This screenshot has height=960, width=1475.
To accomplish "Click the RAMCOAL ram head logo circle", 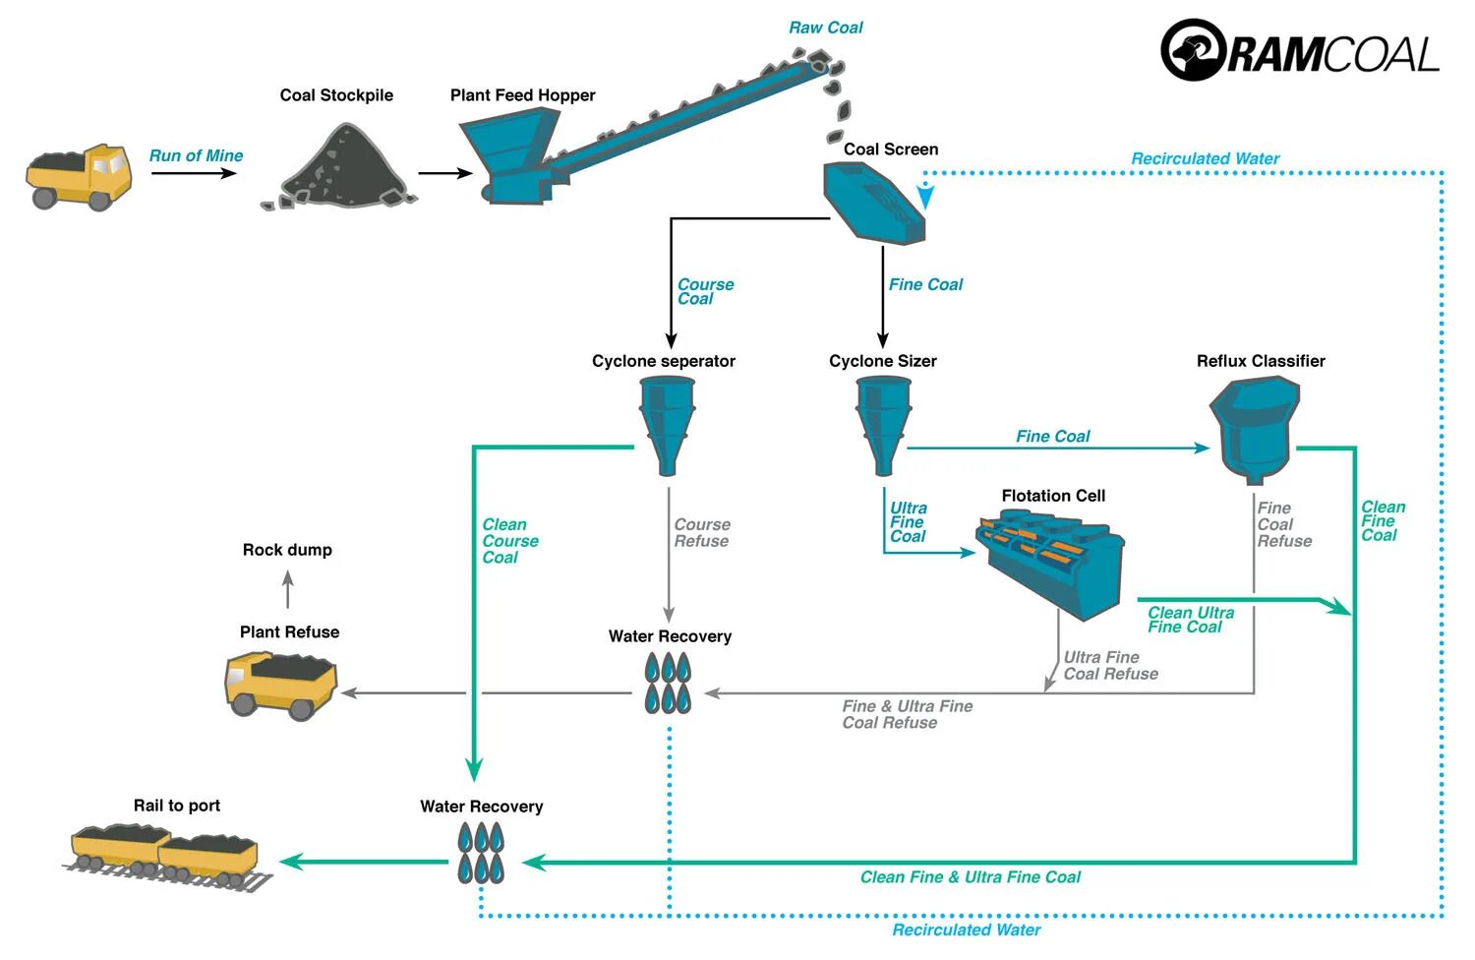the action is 1193,49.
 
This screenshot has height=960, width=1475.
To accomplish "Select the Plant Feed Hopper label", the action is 522,95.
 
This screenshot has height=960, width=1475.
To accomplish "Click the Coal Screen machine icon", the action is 874,203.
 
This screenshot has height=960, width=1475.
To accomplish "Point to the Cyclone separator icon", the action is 667,426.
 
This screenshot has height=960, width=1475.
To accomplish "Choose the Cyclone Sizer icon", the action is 883,426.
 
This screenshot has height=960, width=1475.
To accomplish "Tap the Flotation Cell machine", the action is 1049,564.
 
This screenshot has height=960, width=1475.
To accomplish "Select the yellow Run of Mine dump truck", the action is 79,177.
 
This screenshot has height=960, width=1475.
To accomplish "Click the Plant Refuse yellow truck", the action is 281,686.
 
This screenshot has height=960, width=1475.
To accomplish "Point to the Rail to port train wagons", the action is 167,858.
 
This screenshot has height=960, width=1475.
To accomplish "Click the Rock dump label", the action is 287,550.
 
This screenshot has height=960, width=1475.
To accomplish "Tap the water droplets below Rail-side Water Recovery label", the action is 481,854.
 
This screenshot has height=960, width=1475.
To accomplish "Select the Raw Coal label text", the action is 826,28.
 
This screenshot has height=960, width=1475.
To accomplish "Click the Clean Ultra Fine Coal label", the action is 1191,620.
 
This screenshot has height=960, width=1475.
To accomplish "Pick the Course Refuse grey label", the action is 702,533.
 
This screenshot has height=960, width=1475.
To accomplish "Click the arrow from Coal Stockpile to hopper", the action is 445,173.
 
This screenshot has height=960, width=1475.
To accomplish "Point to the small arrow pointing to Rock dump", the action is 288,590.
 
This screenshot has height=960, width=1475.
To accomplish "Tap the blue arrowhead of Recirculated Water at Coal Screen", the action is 925,197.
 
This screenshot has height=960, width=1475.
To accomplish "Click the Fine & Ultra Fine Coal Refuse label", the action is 908,715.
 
